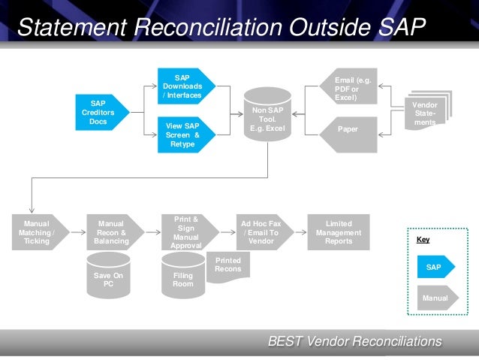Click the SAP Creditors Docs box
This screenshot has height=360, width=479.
99,113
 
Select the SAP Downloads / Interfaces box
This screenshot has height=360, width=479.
183,86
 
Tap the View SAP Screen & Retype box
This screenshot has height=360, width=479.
183,135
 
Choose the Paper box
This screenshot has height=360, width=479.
348,129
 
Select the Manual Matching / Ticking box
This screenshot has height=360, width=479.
37,231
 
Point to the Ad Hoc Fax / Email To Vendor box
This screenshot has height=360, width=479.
261,231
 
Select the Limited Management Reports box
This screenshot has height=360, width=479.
339,231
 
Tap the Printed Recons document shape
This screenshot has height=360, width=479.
228,267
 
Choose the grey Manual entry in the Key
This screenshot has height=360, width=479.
435,298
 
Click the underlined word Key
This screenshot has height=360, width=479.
423,241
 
